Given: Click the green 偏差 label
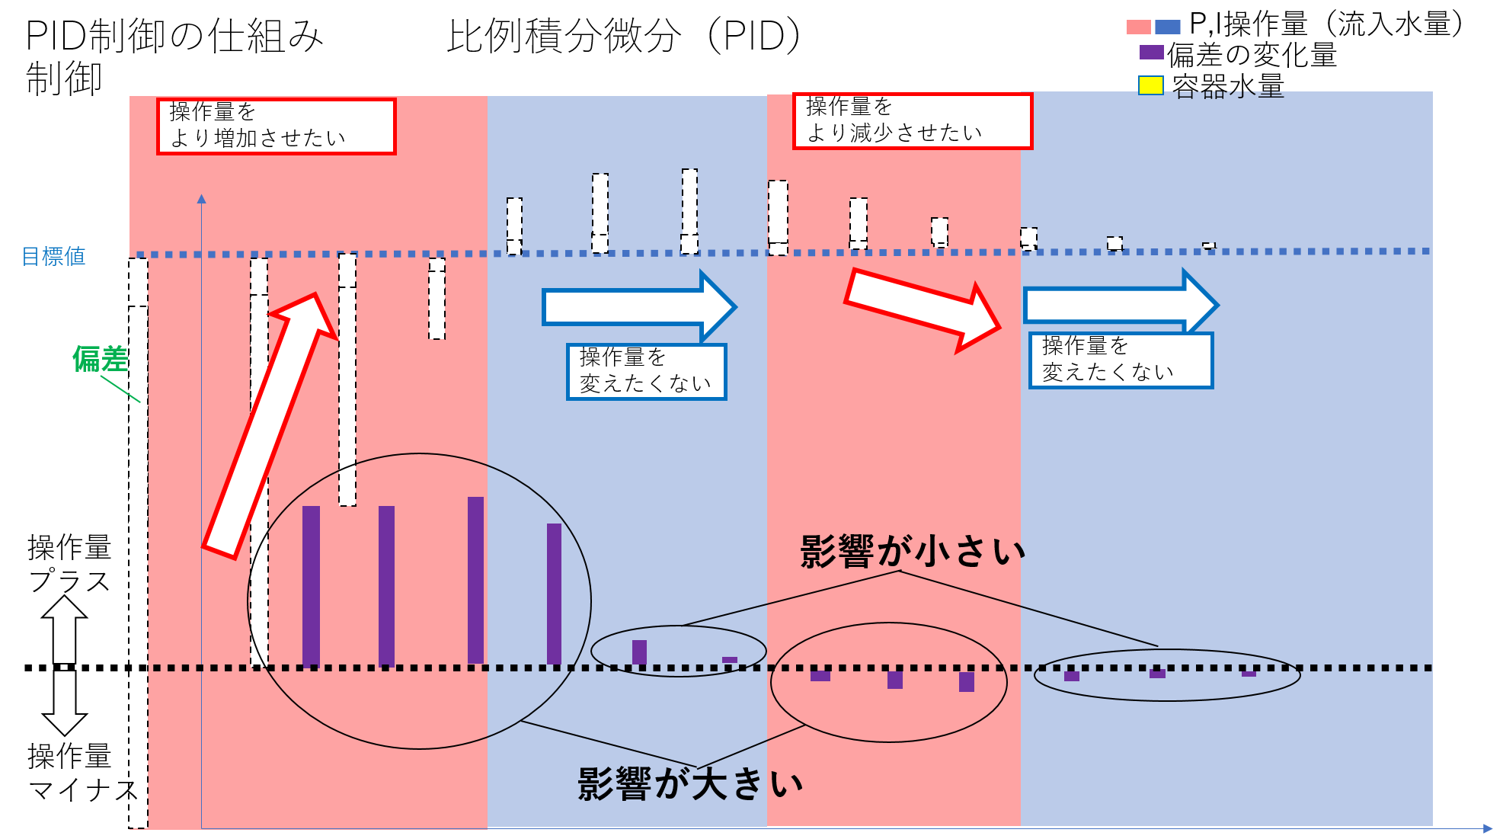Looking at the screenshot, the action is coord(100,359).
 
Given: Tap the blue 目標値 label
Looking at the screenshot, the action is coord(53,257).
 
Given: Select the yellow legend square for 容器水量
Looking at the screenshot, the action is coord(1150,85).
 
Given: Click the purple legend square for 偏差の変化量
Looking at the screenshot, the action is coord(1151,53).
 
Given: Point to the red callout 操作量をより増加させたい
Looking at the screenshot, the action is coord(277,126).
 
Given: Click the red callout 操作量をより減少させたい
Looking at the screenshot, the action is coord(913,121).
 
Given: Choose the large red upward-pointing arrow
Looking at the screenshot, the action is coord(270,425).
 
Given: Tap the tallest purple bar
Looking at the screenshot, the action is coord(475,581).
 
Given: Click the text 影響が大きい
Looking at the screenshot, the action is coord(690,783).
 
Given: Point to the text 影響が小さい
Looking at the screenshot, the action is coord(913,550).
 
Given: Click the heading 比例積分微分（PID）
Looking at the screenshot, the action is coord(624,36).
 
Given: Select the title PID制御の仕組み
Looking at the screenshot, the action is coord(174,36).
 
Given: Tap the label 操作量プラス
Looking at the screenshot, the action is coord(70,564).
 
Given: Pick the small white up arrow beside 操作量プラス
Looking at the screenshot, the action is coord(64,629).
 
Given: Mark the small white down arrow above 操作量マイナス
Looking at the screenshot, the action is coord(64,703).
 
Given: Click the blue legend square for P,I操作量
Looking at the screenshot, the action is coord(1168,27).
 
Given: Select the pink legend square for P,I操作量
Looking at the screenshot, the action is coord(1139,27).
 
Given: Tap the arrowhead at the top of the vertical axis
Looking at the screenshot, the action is coord(201,198).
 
